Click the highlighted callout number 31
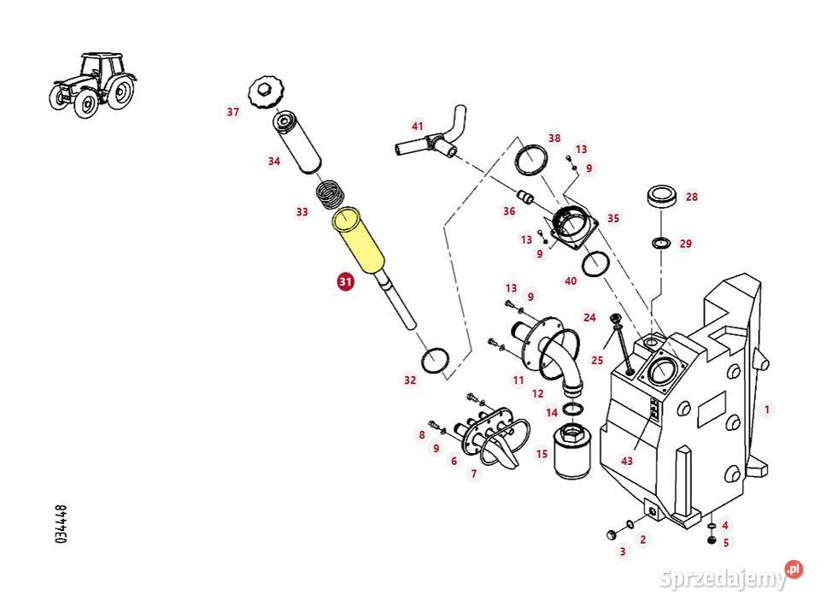(x=345, y=281)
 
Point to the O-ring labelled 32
(x=435, y=360)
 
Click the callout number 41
(x=417, y=127)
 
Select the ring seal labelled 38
(x=531, y=159)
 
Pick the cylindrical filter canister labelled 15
(x=572, y=451)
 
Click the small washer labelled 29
(x=662, y=243)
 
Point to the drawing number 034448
(x=61, y=524)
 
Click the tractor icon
(x=93, y=85)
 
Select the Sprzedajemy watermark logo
(x=730, y=575)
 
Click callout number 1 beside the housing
(x=767, y=410)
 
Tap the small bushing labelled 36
(x=525, y=197)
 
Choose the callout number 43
(x=626, y=461)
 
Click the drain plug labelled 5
(x=712, y=539)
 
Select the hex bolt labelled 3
(x=610, y=535)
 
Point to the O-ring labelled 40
(x=595, y=263)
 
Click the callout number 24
(x=589, y=317)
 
